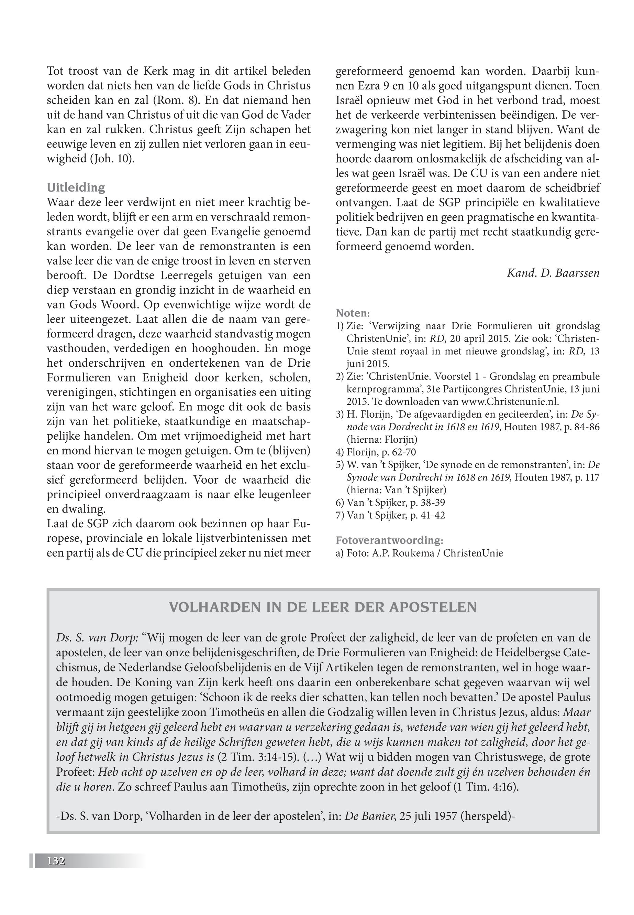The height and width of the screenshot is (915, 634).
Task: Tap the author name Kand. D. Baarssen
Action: click(553, 273)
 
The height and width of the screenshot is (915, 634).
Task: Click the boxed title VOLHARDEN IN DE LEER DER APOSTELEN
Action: click(323, 607)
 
